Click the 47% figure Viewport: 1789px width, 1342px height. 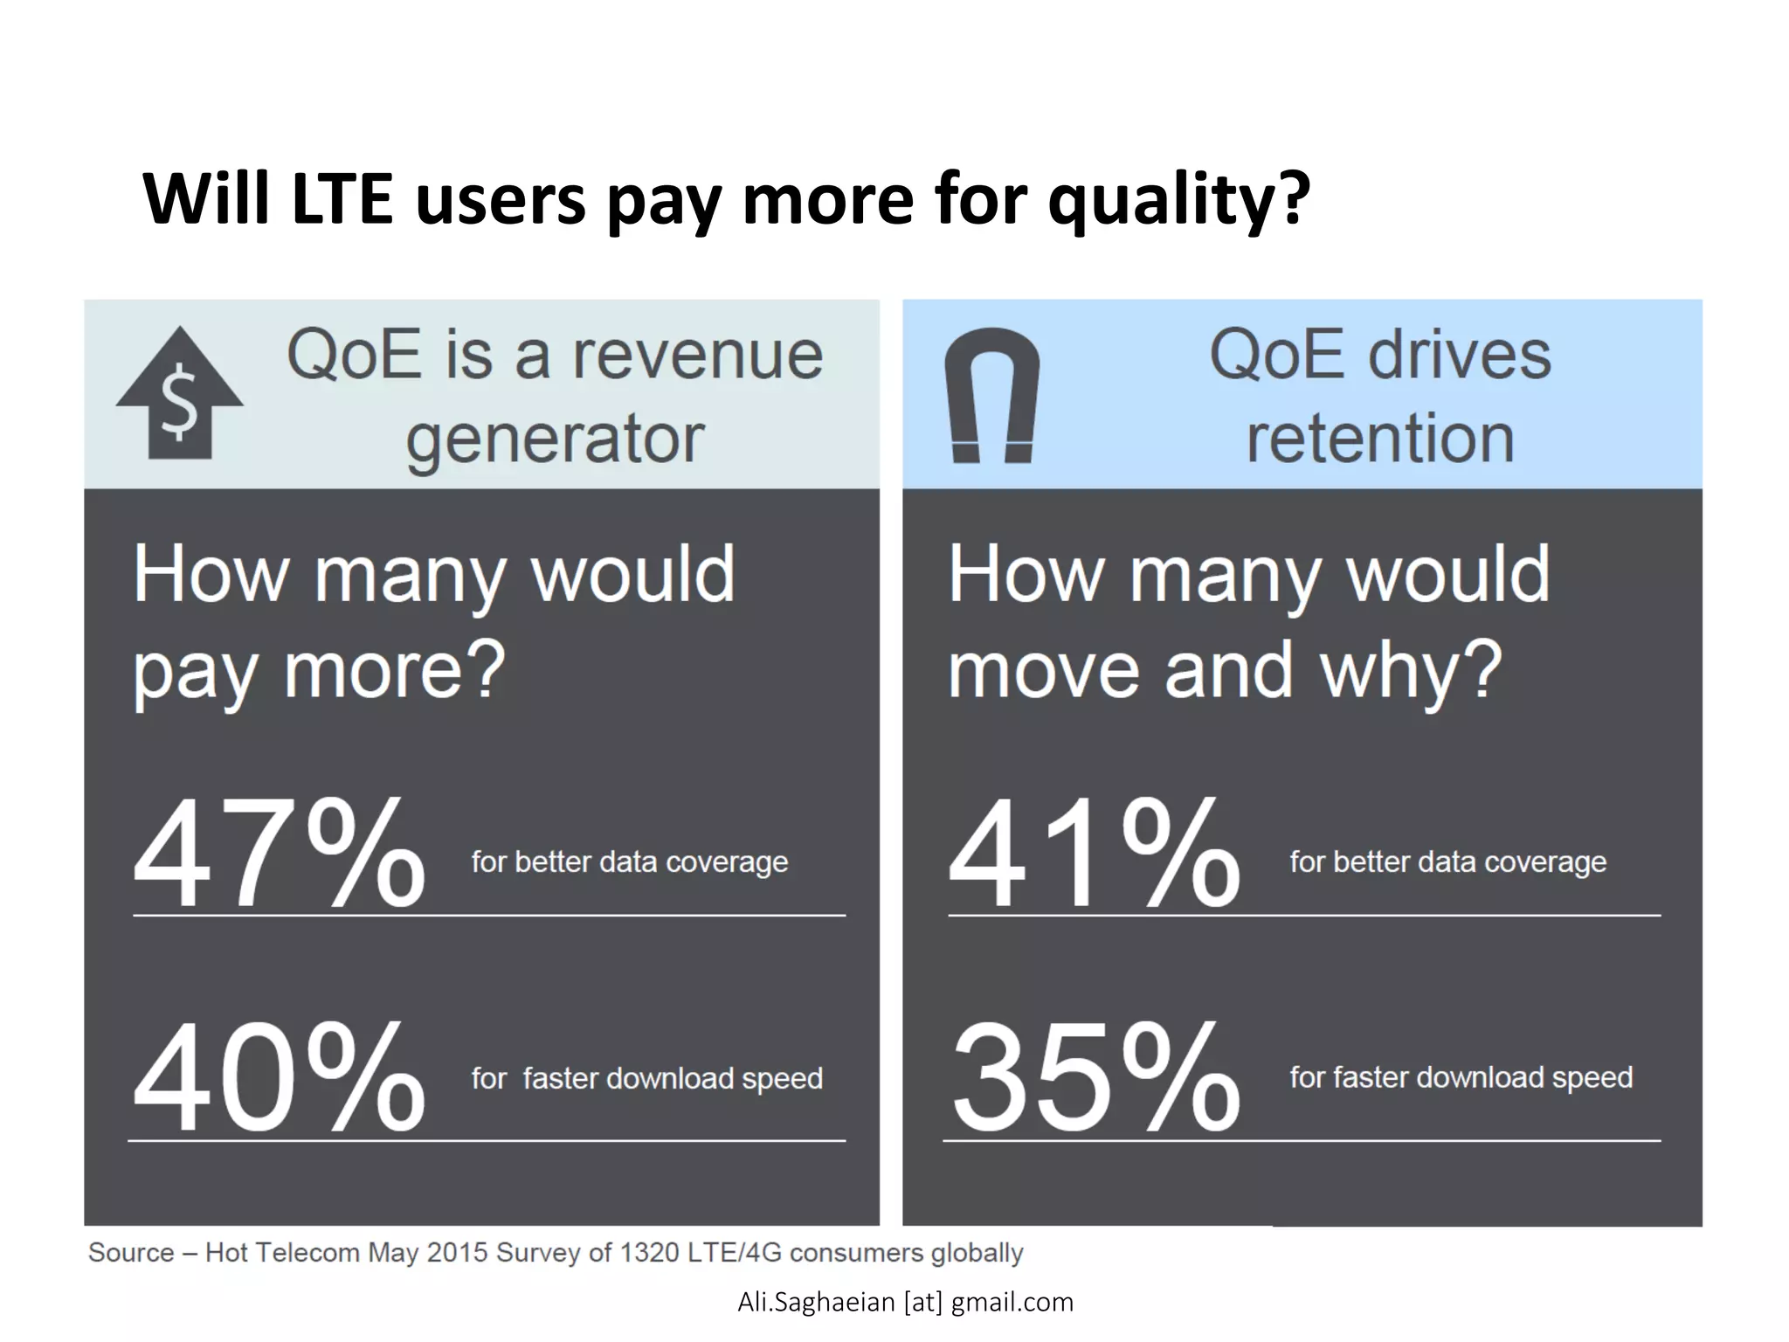[279, 854]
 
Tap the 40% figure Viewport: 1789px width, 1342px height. [279, 1078]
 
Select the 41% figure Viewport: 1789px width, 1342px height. [1094, 854]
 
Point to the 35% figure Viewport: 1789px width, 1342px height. [1095, 1078]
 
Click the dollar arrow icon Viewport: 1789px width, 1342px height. [180, 394]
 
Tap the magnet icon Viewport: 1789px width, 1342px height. [992, 395]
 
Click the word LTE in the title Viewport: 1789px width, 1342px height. [342, 199]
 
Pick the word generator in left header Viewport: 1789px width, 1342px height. [555, 439]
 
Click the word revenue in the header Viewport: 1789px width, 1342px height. [697, 356]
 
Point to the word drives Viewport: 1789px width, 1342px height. [1460, 356]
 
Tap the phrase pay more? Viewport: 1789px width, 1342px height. [320, 671]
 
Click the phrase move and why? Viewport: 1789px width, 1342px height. [1225, 671]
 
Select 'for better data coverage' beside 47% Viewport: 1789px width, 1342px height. [630, 862]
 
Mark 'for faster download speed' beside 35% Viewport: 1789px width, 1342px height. [1461, 1077]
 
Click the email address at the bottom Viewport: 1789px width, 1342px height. [905, 1302]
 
